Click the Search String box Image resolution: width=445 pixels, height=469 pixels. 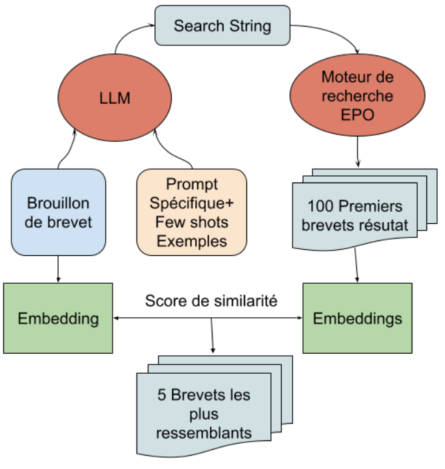tap(222, 26)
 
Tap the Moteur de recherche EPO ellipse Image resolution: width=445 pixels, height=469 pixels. tap(357, 96)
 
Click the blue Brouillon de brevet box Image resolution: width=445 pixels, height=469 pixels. tap(58, 213)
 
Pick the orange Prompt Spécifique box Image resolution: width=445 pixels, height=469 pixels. tap(192, 213)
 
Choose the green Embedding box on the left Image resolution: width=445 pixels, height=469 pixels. tap(58, 318)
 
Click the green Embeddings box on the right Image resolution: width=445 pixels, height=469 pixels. tap(357, 318)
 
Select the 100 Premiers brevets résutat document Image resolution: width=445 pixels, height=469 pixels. tap(357, 215)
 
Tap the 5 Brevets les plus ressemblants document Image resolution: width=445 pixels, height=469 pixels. tap(204, 413)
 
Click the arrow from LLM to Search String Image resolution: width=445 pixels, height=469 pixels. tap(127, 37)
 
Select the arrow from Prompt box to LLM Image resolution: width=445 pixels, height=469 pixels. tap(175, 150)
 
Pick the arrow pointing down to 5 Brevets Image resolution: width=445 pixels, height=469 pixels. tap(213, 336)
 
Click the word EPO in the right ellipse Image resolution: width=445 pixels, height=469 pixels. tap(357, 114)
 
